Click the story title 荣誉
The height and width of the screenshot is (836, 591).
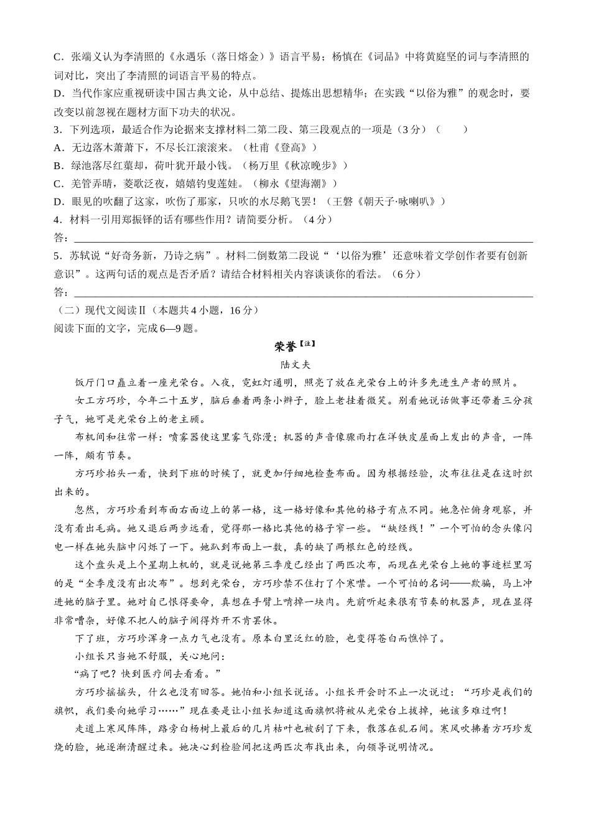tap(286, 346)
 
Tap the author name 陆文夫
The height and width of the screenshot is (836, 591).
tap(295, 365)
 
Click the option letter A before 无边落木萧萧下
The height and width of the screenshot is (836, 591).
tap(58, 147)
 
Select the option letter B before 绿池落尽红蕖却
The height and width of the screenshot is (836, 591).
tap(58, 165)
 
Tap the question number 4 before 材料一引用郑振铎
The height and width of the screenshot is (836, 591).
tap(57, 220)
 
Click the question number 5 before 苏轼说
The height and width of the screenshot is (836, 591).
tap(57, 256)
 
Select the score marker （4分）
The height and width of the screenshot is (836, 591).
tap(317, 220)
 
